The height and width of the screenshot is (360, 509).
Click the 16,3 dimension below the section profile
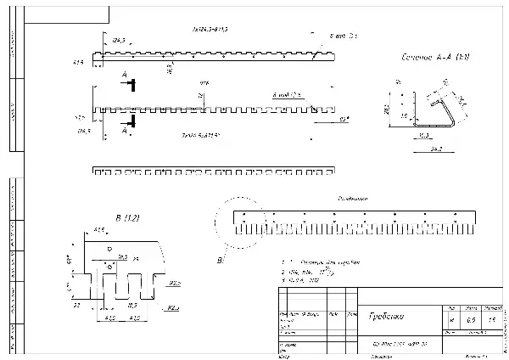(x=424, y=135)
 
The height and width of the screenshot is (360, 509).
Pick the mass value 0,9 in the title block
(x=472, y=320)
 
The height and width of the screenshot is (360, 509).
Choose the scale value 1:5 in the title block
(x=491, y=320)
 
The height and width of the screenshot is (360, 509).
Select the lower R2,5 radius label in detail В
(x=172, y=307)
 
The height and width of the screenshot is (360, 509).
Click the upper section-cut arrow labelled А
(x=127, y=82)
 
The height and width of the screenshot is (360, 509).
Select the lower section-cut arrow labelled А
(x=127, y=131)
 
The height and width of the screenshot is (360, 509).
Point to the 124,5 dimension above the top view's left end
(x=119, y=40)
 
